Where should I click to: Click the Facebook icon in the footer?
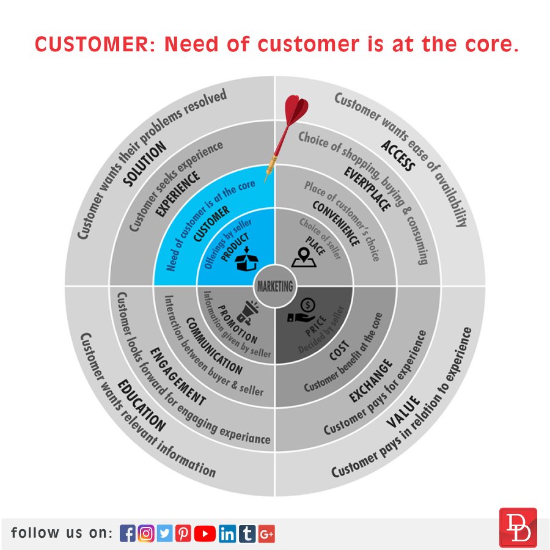coord(127,533)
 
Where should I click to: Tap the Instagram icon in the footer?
coord(146,533)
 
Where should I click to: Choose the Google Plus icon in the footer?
coord(266,533)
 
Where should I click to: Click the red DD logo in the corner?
coord(518,527)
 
